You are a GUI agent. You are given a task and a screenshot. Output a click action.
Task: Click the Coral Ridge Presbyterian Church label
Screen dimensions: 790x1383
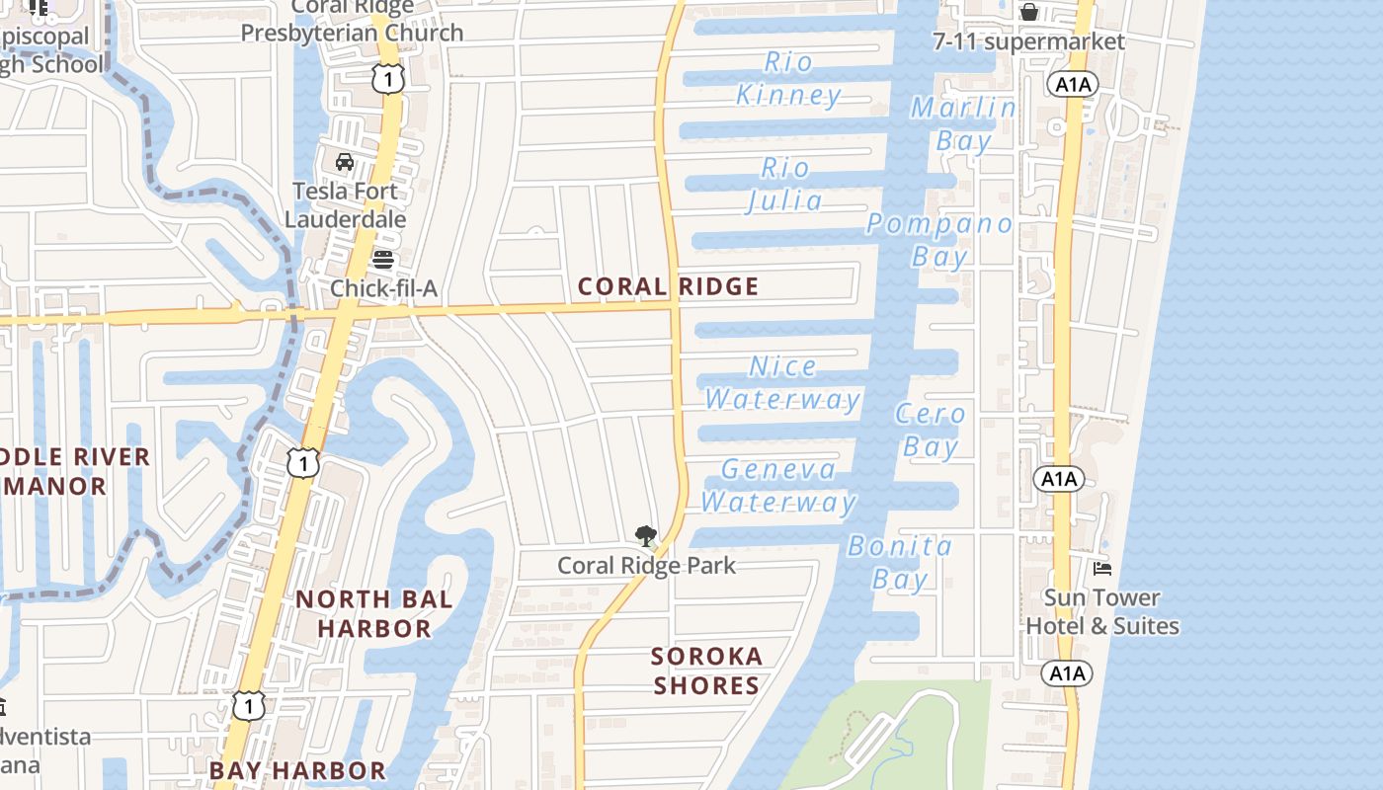pyautogui.click(x=353, y=21)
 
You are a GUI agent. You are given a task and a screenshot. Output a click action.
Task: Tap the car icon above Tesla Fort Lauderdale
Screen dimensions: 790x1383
pyautogui.click(x=345, y=162)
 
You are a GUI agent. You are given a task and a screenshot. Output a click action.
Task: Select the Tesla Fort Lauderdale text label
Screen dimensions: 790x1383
pyautogui.click(x=345, y=204)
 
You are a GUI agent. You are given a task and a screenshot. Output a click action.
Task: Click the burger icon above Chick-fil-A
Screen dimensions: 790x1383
pyautogui.click(x=383, y=260)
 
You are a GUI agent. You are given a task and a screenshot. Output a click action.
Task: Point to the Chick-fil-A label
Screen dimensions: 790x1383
pyautogui.click(x=383, y=288)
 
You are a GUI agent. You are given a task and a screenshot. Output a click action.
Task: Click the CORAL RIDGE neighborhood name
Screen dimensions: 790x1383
pyautogui.click(x=669, y=286)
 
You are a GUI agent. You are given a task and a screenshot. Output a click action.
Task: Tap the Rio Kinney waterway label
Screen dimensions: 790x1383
pyautogui.click(x=788, y=79)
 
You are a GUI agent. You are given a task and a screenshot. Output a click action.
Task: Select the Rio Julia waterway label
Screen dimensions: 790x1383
pyautogui.click(x=785, y=185)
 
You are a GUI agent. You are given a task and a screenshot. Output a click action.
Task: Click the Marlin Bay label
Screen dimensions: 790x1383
pyautogui.click(x=963, y=124)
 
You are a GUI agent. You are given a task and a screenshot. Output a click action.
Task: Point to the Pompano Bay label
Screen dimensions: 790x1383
pyautogui.click(x=939, y=240)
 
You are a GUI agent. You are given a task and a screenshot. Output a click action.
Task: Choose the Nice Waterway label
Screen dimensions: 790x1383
pyautogui.click(x=782, y=383)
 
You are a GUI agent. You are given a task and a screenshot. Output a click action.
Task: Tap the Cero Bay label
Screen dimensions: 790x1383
pyautogui.click(x=931, y=431)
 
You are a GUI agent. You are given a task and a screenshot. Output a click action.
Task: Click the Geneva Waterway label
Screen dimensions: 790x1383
pyautogui.click(x=778, y=486)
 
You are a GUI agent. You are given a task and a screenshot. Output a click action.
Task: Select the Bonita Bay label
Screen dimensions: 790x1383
pyautogui.click(x=900, y=562)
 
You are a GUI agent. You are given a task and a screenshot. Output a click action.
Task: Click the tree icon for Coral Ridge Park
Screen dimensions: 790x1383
pyautogui.click(x=646, y=536)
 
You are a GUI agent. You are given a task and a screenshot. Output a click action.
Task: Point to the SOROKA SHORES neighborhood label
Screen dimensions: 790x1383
pyautogui.click(x=706, y=671)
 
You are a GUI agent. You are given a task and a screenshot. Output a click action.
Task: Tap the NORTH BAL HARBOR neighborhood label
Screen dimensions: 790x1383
pyautogui.click(x=374, y=613)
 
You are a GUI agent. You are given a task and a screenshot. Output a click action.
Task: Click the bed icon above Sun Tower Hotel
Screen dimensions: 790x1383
pyautogui.click(x=1102, y=568)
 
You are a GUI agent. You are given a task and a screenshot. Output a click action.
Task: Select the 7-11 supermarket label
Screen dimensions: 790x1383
pyautogui.click(x=1029, y=41)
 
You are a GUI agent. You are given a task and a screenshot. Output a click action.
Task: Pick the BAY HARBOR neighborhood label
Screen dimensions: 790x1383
pyautogui.click(x=297, y=770)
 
